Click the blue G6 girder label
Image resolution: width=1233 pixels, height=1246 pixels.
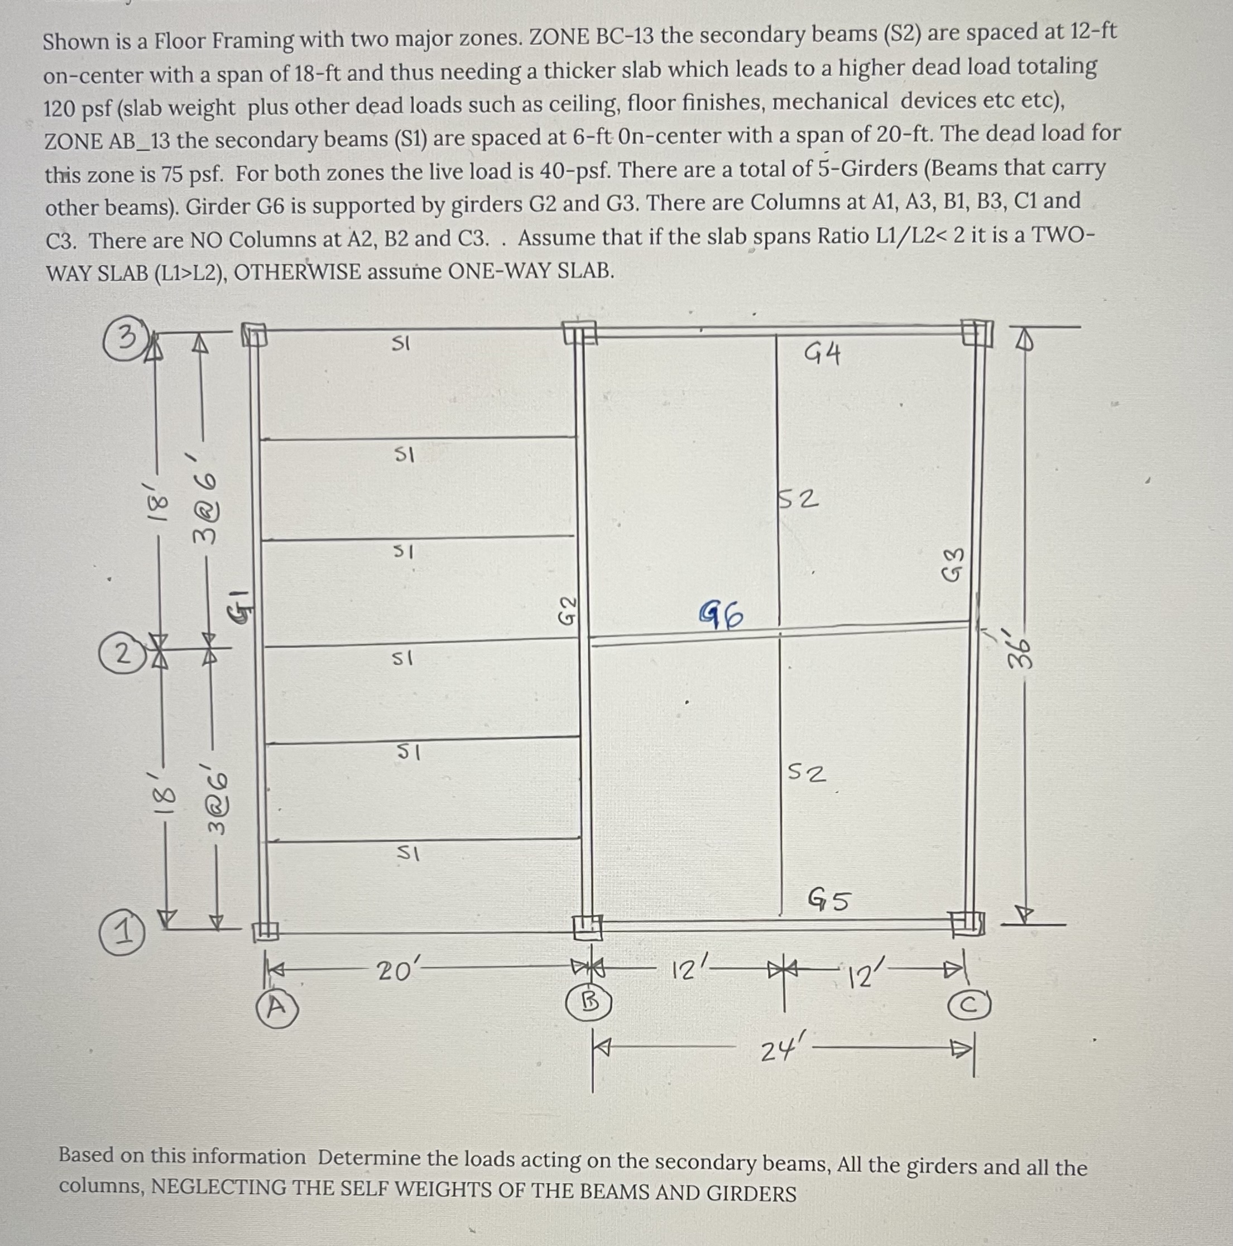click(x=722, y=615)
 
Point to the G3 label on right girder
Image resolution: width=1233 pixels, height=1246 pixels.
click(x=954, y=564)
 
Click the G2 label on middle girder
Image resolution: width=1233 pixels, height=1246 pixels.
click(x=567, y=610)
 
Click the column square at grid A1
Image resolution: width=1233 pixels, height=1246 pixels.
click(x=265, y=931)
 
